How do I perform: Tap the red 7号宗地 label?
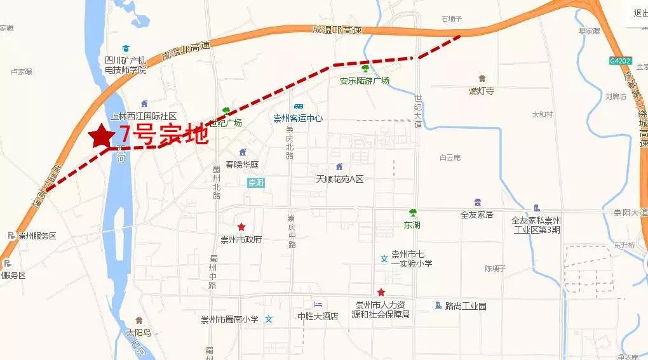click(x=164, y=135)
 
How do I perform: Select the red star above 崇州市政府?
click(x=241, y=227)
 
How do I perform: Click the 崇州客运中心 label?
click(x=298, y=118)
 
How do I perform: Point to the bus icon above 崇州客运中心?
click(x=298, y=107)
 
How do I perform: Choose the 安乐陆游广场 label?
click(x=364, y=81)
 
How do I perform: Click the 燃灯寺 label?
click(x=482, y=91)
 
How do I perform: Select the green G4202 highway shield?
click(x=620, y=61)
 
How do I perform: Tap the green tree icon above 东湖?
click(x=412, y=212)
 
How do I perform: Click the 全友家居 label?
click(x=477, y=215)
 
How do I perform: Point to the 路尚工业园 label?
click(x=465, y=306)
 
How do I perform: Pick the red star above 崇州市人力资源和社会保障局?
click(x=381, y=292)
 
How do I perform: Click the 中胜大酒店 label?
click(x=318, y=316)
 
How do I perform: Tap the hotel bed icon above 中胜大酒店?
click(x=318, y=305)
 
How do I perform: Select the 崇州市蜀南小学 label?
click(x=229, y=319)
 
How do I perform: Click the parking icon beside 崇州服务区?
click(x=10, y=236)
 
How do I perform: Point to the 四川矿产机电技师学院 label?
click(x=126, y=65)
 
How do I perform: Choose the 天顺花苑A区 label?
click(x=340, y=179)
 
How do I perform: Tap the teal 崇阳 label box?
click(x=256, y=183)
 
